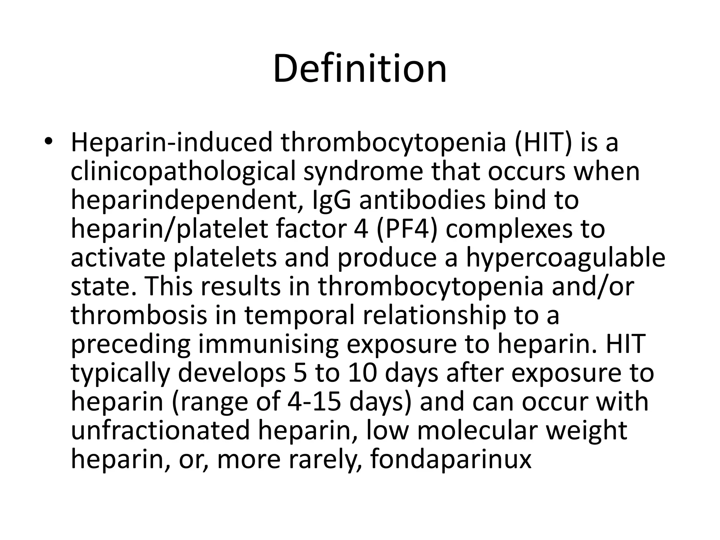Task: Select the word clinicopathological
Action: [183, 172]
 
